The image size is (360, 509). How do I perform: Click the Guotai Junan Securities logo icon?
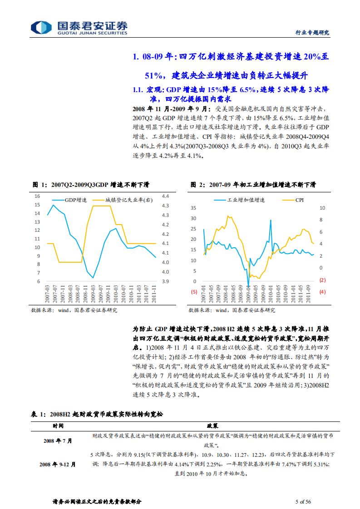pos(39,27)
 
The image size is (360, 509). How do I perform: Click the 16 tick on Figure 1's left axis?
pos(38,196)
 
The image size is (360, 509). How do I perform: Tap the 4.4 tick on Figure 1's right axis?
pos(165,196)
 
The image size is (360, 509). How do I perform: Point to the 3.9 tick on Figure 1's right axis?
pos(165,282)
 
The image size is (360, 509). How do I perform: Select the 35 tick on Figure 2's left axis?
pos(193,208)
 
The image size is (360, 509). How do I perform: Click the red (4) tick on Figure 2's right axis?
pos(323,292)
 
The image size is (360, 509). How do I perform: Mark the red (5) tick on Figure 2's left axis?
pos(194,292)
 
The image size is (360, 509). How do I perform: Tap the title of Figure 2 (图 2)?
pos(252,185)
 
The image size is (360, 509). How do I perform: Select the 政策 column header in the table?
pos(212,426)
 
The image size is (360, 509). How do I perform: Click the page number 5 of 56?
pos(303,501)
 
